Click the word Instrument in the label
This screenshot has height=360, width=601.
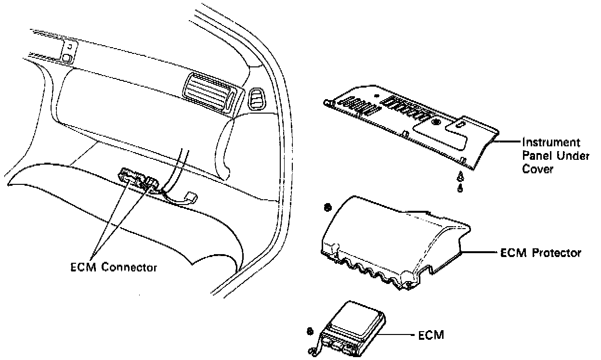pyautogui.click(x=551, y=143)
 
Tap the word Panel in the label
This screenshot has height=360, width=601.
pyautogui.click(x=536, y=156)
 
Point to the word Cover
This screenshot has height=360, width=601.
pyautogui.click(x=536, y=169)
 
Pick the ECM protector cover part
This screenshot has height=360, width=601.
pyautogui.click(x=395, y=241)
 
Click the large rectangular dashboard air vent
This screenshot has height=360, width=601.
pyautogui.click(x=210, y=94)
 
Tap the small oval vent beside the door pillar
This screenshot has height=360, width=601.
pyautogui.click(x=256, y=99)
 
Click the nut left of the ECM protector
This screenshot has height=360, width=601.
pyautogui.click(x=327, y=207)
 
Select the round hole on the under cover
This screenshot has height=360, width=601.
pyautogui.click(x=437, y=123)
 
